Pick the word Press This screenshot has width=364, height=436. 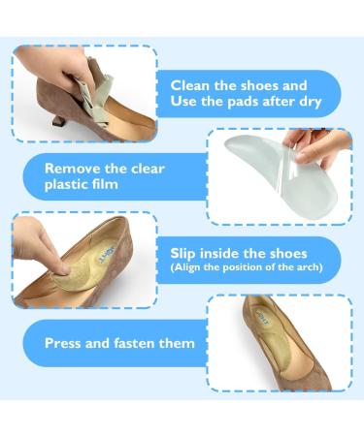tap(67, 343)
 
